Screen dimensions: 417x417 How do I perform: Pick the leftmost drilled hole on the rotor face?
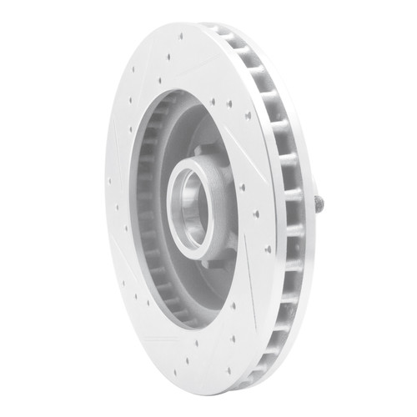pos(109,178)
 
